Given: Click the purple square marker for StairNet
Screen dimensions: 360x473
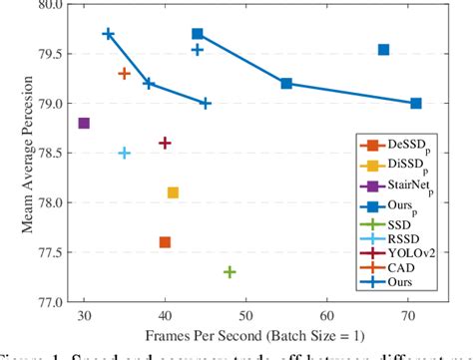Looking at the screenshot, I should [84, 124].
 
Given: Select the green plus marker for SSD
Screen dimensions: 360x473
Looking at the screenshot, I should [230, 271].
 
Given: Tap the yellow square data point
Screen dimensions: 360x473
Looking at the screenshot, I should [173, 192].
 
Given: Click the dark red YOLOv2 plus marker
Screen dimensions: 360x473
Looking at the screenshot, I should [165, 144].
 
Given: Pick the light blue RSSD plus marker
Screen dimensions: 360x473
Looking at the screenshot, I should [124, 153].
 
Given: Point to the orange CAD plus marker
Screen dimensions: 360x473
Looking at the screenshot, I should [124, 74].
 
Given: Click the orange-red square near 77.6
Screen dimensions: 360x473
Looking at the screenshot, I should [165, 242].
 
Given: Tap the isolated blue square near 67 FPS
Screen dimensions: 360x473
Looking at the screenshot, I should [383, 50].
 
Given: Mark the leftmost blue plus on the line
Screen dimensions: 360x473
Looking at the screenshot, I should [108, 34].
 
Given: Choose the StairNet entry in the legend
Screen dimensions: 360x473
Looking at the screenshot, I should [405, 186].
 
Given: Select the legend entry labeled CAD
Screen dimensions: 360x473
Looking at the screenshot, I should [399, 268].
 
